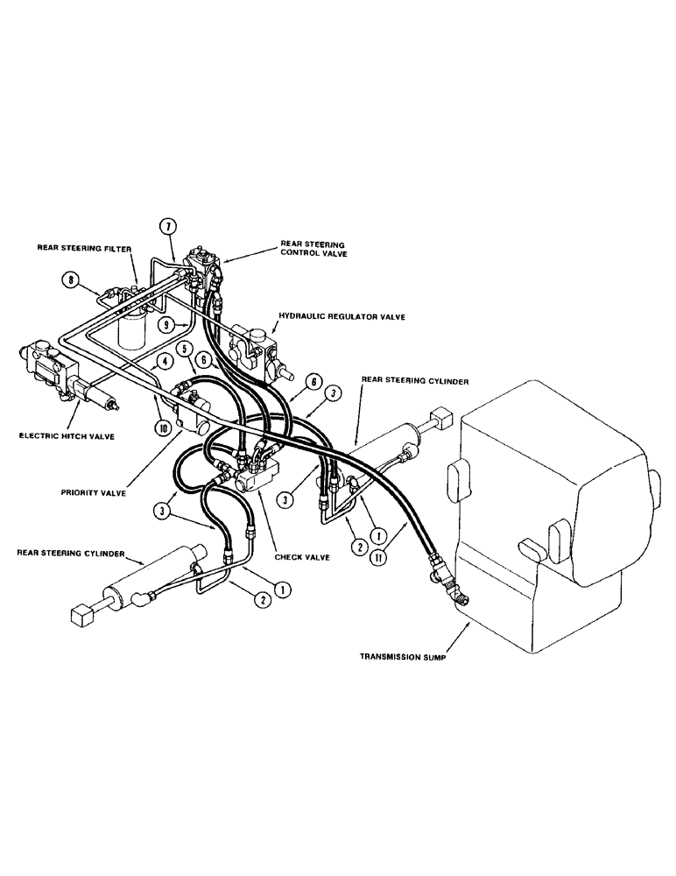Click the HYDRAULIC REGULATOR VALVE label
point(341,316)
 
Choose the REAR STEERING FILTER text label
point(84,249)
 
